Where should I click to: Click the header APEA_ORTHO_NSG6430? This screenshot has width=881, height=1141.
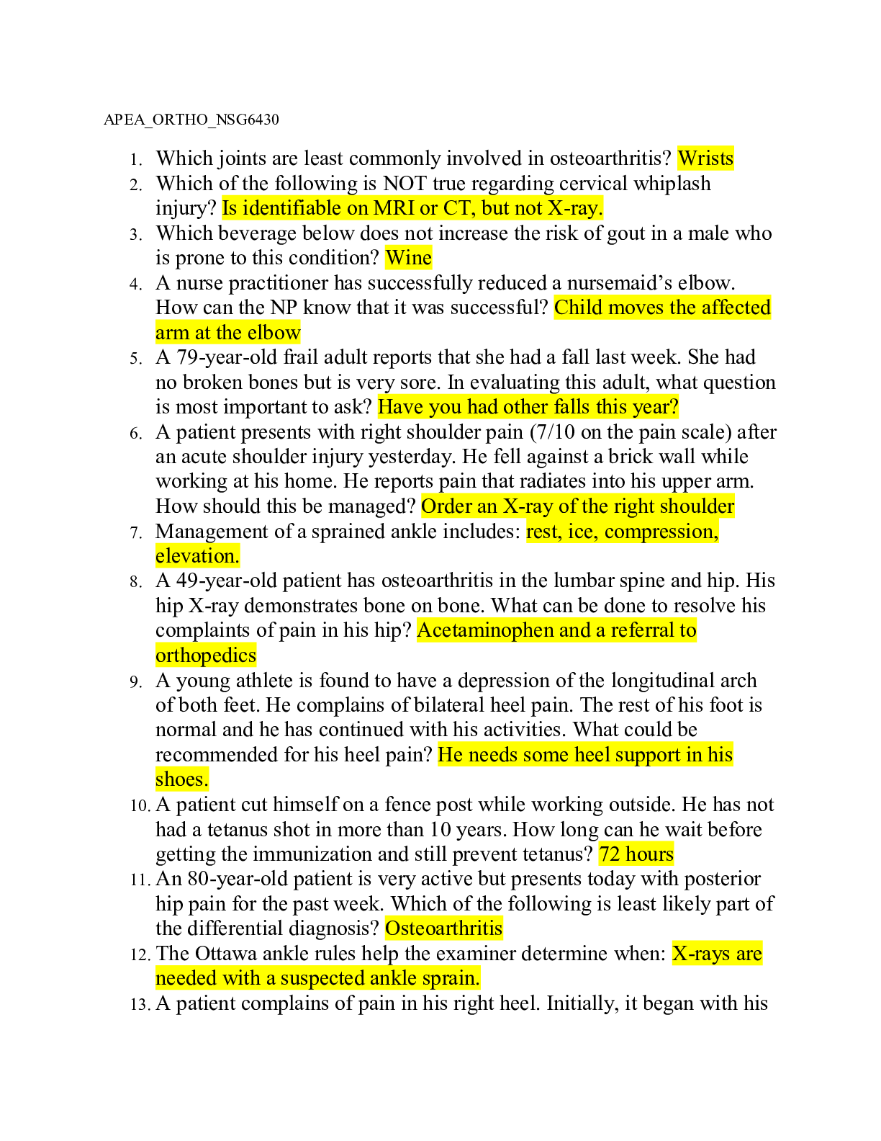191,120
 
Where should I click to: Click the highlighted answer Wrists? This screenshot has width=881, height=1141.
705,158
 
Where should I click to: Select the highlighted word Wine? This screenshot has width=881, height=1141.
408,258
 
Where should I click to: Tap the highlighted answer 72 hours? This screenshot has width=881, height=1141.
636,854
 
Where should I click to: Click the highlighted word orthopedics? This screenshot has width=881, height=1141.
206,655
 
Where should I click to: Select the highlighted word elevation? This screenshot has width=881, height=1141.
197,556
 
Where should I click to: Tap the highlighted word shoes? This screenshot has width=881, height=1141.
181,779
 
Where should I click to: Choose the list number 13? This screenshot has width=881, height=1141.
140,1005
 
